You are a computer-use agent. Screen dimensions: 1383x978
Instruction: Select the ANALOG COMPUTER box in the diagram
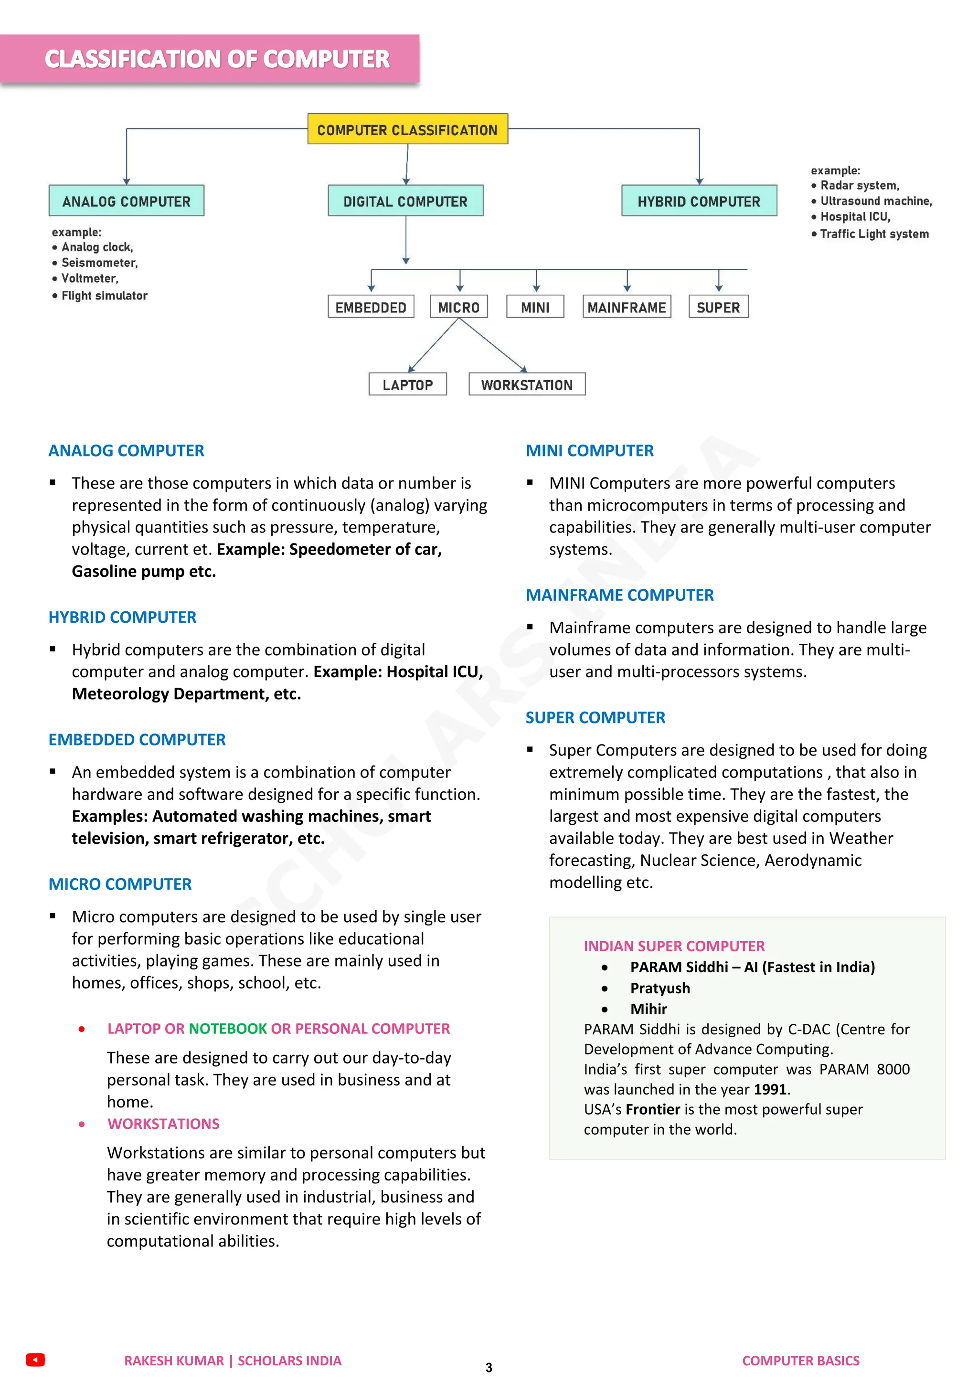[x=127, y=201]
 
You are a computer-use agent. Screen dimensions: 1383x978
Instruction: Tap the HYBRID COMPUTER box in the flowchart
[x=699, y=201]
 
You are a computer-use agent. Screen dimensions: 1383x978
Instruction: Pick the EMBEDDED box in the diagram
[x=371, y=307]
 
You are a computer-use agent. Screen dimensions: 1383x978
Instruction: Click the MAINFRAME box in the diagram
[x=627, y=307]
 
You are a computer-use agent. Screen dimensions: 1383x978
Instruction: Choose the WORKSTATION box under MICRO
[x=526, y=385]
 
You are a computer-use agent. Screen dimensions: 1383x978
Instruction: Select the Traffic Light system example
[x=874, y=234]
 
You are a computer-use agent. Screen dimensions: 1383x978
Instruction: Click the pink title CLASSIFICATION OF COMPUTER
[x=217, y=59]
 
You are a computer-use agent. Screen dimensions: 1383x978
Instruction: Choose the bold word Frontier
[x=652, y=1109]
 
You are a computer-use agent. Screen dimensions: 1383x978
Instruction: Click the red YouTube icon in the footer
[x=35, y=1360]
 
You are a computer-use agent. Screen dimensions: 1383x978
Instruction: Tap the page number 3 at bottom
[x=489, y=1367]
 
